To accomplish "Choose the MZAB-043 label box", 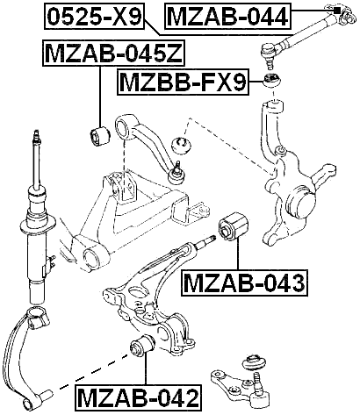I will coord(243,283).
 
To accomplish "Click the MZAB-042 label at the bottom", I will coord(137,397).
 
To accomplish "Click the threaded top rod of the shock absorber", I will coord(36,149).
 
